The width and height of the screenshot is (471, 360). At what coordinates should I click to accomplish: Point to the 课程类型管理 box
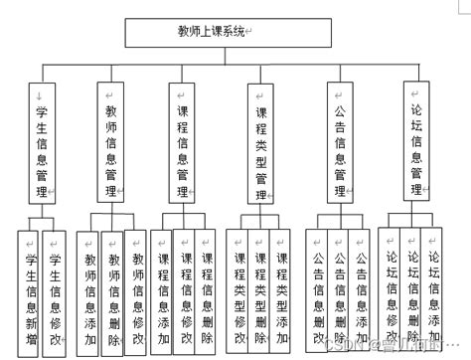coord(261,144)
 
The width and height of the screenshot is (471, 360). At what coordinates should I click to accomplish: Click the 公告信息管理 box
coord(340,144)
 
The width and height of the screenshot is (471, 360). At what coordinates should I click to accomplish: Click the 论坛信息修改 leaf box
coord(388,288)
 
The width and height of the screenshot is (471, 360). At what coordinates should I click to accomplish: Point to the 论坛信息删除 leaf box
coord(409,288)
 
